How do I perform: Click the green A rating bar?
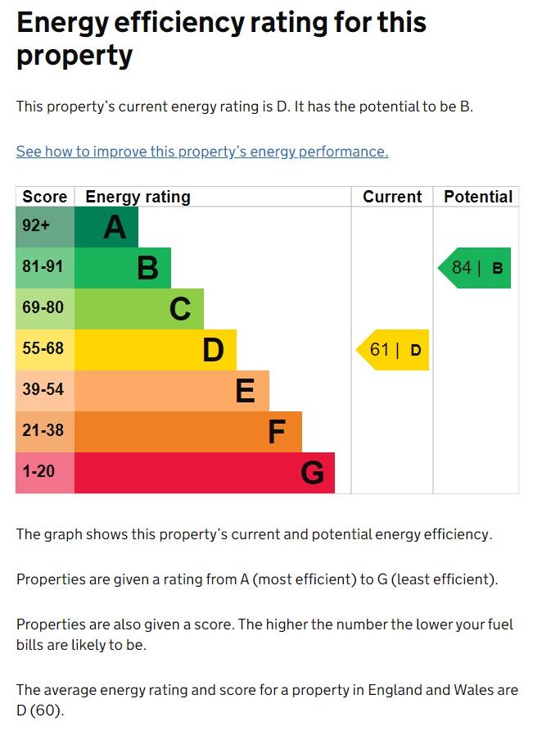click(x=106, y=227)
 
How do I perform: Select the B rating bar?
click(x=123, y=268)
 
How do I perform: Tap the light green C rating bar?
click(x=139, y=309)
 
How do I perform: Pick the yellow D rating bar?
click(x=156, y=350)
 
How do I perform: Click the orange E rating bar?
click(x=172, y=391)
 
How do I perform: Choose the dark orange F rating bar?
click(x=188, y=432)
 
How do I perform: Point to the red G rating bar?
click(x=205, y=473)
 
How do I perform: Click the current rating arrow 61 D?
click(x=394, y=350)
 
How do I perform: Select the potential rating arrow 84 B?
click(x=476, y=268)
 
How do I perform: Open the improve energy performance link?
click(x=202, y=152)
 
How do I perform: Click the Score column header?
click(x=45, y=197)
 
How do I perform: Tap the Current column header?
click(x=392, y=197)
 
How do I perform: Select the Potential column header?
click(x=477, y=197)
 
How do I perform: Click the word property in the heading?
click(x=75, y=56)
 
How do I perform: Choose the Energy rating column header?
click(x=138, y=197)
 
